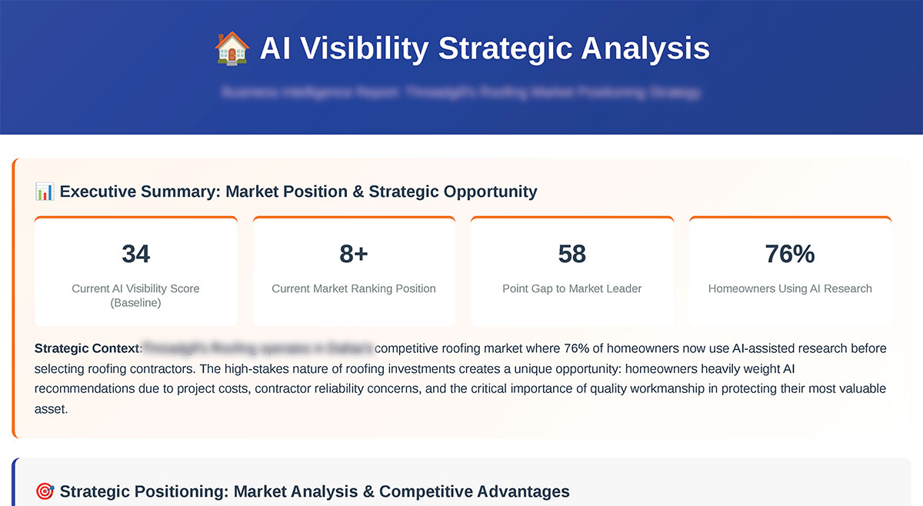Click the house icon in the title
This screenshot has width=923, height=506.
pyautogui.click(x=231, y=48)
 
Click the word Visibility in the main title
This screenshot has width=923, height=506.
pyautogui.click(x=365, y=48)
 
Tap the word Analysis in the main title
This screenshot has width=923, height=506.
pyautogui.click(x=645, y=48)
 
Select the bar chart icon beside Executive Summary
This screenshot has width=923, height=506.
pyautogui.click(x=45, y=191)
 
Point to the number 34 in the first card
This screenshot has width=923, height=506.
pyautogui.click(x=135, y=254)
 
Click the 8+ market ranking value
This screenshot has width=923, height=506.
pyautogui.click(x=354, y=254)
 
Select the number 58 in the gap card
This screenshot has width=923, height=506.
pyautogui.click(x=571, y=254)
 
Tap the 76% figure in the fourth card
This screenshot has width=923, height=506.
pyautogui.click(x=790, y=254)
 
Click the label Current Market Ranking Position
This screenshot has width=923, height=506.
pyautogui.click(x=354, y=288)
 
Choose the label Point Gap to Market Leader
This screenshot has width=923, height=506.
pyautogui.click(x=571, y=288)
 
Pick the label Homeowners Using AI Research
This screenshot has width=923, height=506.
pyautogui.click(x=790, y=288)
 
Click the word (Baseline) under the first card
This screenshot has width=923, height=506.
pyautogui.click(x=135, y=303)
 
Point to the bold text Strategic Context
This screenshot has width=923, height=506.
pyautogui.click(x=86, y=348)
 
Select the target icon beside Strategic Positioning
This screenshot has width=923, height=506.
pyautogui.click(x=45, y=491)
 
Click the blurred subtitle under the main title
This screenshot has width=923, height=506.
pyautogui.click(x=461, y=93)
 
